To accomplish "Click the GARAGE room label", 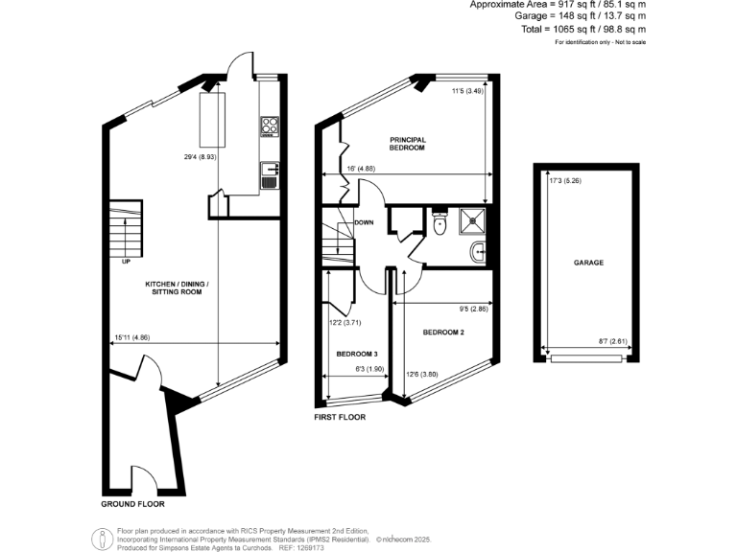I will click(x=588, y=262).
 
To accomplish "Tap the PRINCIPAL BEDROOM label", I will click(x=407, y=144).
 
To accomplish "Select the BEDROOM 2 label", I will click(x=443, y=333).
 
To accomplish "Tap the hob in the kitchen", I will click(x=270, y=126).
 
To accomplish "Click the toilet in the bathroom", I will click(x=439, y=225).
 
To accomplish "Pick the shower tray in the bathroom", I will click(x=475, y=221).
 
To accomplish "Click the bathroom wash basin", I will click(x=479, y=252).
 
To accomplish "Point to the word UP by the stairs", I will click(x=125, y=262).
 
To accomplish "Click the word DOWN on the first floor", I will click(x=364, y=222).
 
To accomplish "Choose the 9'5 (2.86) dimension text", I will click(x=473, y=309).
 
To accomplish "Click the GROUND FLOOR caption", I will click(x=132, y=503).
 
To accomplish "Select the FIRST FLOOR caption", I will click(x=340, y=418).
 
